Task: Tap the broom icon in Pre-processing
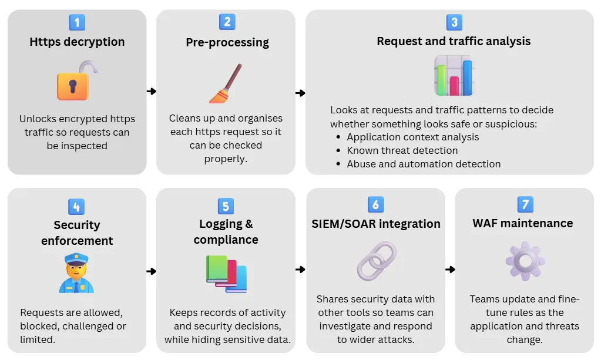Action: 226,83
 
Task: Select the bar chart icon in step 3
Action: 453,76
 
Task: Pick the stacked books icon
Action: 226,274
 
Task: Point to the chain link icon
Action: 376,260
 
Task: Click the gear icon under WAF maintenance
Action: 525,260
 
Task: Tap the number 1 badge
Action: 77,22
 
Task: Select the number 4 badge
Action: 76,207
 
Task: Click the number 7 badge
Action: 525,204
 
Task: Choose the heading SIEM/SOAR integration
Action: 376,224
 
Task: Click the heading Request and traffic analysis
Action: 453,41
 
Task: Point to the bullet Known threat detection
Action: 402,150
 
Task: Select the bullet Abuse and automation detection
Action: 423,164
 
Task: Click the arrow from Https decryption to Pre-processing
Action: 152,91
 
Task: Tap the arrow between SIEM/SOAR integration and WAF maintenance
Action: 450,270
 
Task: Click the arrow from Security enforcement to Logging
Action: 152,271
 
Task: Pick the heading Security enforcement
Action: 77,233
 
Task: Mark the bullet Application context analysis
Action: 412,137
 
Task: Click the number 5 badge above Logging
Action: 226,206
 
